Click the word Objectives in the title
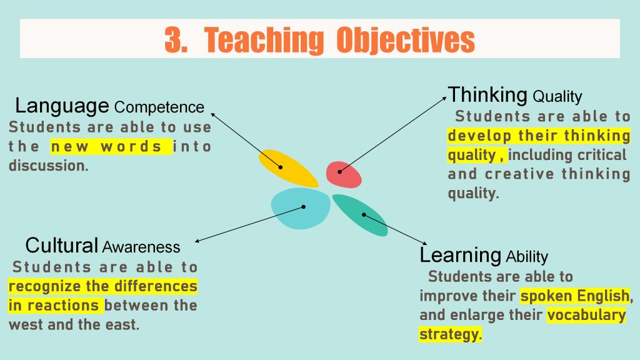click(406, 41)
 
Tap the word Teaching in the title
click(264, 41)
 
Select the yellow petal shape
click(288, 168)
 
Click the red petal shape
click(344, 175)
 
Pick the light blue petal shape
click(301, 208)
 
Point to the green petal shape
click(360, 215)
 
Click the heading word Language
click(62, 106)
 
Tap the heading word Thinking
click(487, 95)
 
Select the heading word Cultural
click(62, 245)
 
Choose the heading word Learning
click(461, 256)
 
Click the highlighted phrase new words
click(111, 146)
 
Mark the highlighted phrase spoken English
click(575, 296)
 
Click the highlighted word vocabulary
click(586, 315)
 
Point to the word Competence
click(159, 107)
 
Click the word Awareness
click(141, 247)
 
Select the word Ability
click(527, 257)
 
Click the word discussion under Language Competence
click(49, 166)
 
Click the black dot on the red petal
click(339, 172)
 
